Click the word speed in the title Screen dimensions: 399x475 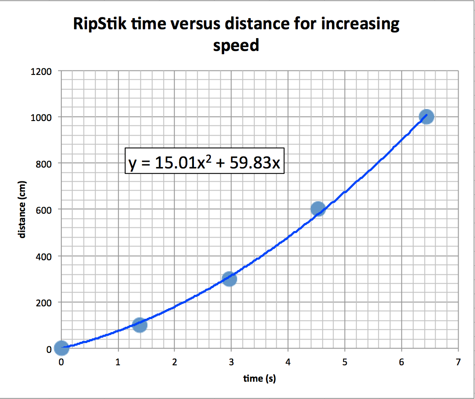coord(236,45)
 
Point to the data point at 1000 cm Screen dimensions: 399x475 coord(426,117)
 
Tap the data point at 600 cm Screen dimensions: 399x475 coord(318,209)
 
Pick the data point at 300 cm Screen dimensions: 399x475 coord(229,278)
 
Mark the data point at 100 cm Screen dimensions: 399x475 coord(139,325)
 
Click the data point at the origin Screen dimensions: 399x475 coord(61,348)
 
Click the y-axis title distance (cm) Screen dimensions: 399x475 coord(22,209)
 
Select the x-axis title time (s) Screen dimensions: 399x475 coord(259,378)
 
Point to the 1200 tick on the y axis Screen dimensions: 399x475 coord(41,71)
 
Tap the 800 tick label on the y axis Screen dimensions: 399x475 coord(44,164)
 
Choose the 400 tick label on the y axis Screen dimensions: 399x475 coord(44,256)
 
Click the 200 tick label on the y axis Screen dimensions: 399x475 coord(44,302)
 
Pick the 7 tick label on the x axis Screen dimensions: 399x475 coord(458,362)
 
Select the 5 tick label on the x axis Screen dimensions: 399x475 coord(345,362)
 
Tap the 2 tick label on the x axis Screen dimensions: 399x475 coord(174,362)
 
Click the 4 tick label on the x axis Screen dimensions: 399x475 coord(288,362)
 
